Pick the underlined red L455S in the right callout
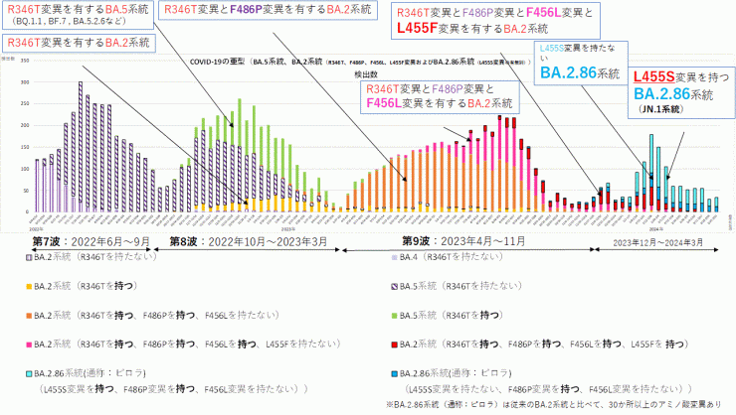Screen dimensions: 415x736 (659, 75)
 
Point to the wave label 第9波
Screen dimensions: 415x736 (395, 241)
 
